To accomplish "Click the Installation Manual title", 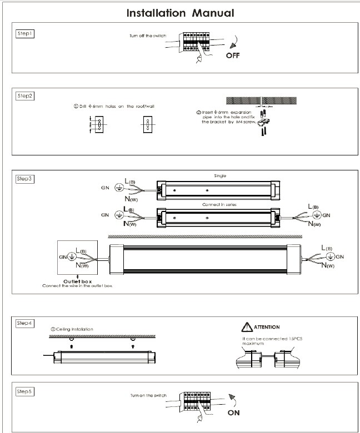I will click(x=179, y=12).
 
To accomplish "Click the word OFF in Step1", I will click(x=233, y=56).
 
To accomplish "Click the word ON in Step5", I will click(x=234, y=413).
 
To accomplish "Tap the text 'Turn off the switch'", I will click(x=147, y=36).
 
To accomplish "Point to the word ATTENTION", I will click(x=268, y=327).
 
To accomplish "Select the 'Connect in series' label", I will click(x=220, y=204).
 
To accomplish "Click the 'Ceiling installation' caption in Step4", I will click(x=72, y=329).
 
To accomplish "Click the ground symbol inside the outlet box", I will click(x=69, y=257).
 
